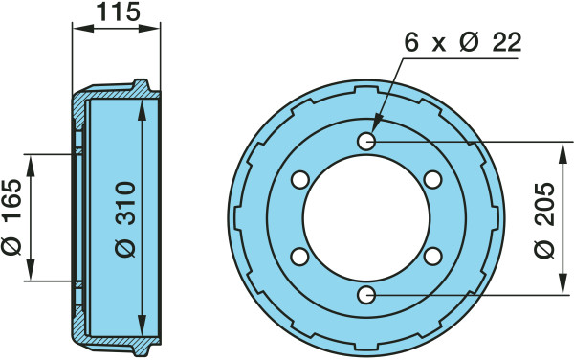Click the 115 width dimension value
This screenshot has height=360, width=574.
click(119, 11)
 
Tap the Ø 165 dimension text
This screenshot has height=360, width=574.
click(11, 217)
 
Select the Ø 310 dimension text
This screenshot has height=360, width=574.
click(125, 219)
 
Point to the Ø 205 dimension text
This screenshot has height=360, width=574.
click(544, 220)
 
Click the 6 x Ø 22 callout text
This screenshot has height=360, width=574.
click(462, 42)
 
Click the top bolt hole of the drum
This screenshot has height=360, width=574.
click(366, 141)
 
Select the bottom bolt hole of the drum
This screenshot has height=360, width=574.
click(366, 295)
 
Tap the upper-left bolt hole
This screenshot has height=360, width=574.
click(300, 180)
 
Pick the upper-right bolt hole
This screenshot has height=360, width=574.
click(432, 180)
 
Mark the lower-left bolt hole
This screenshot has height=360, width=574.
click(300, 257)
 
